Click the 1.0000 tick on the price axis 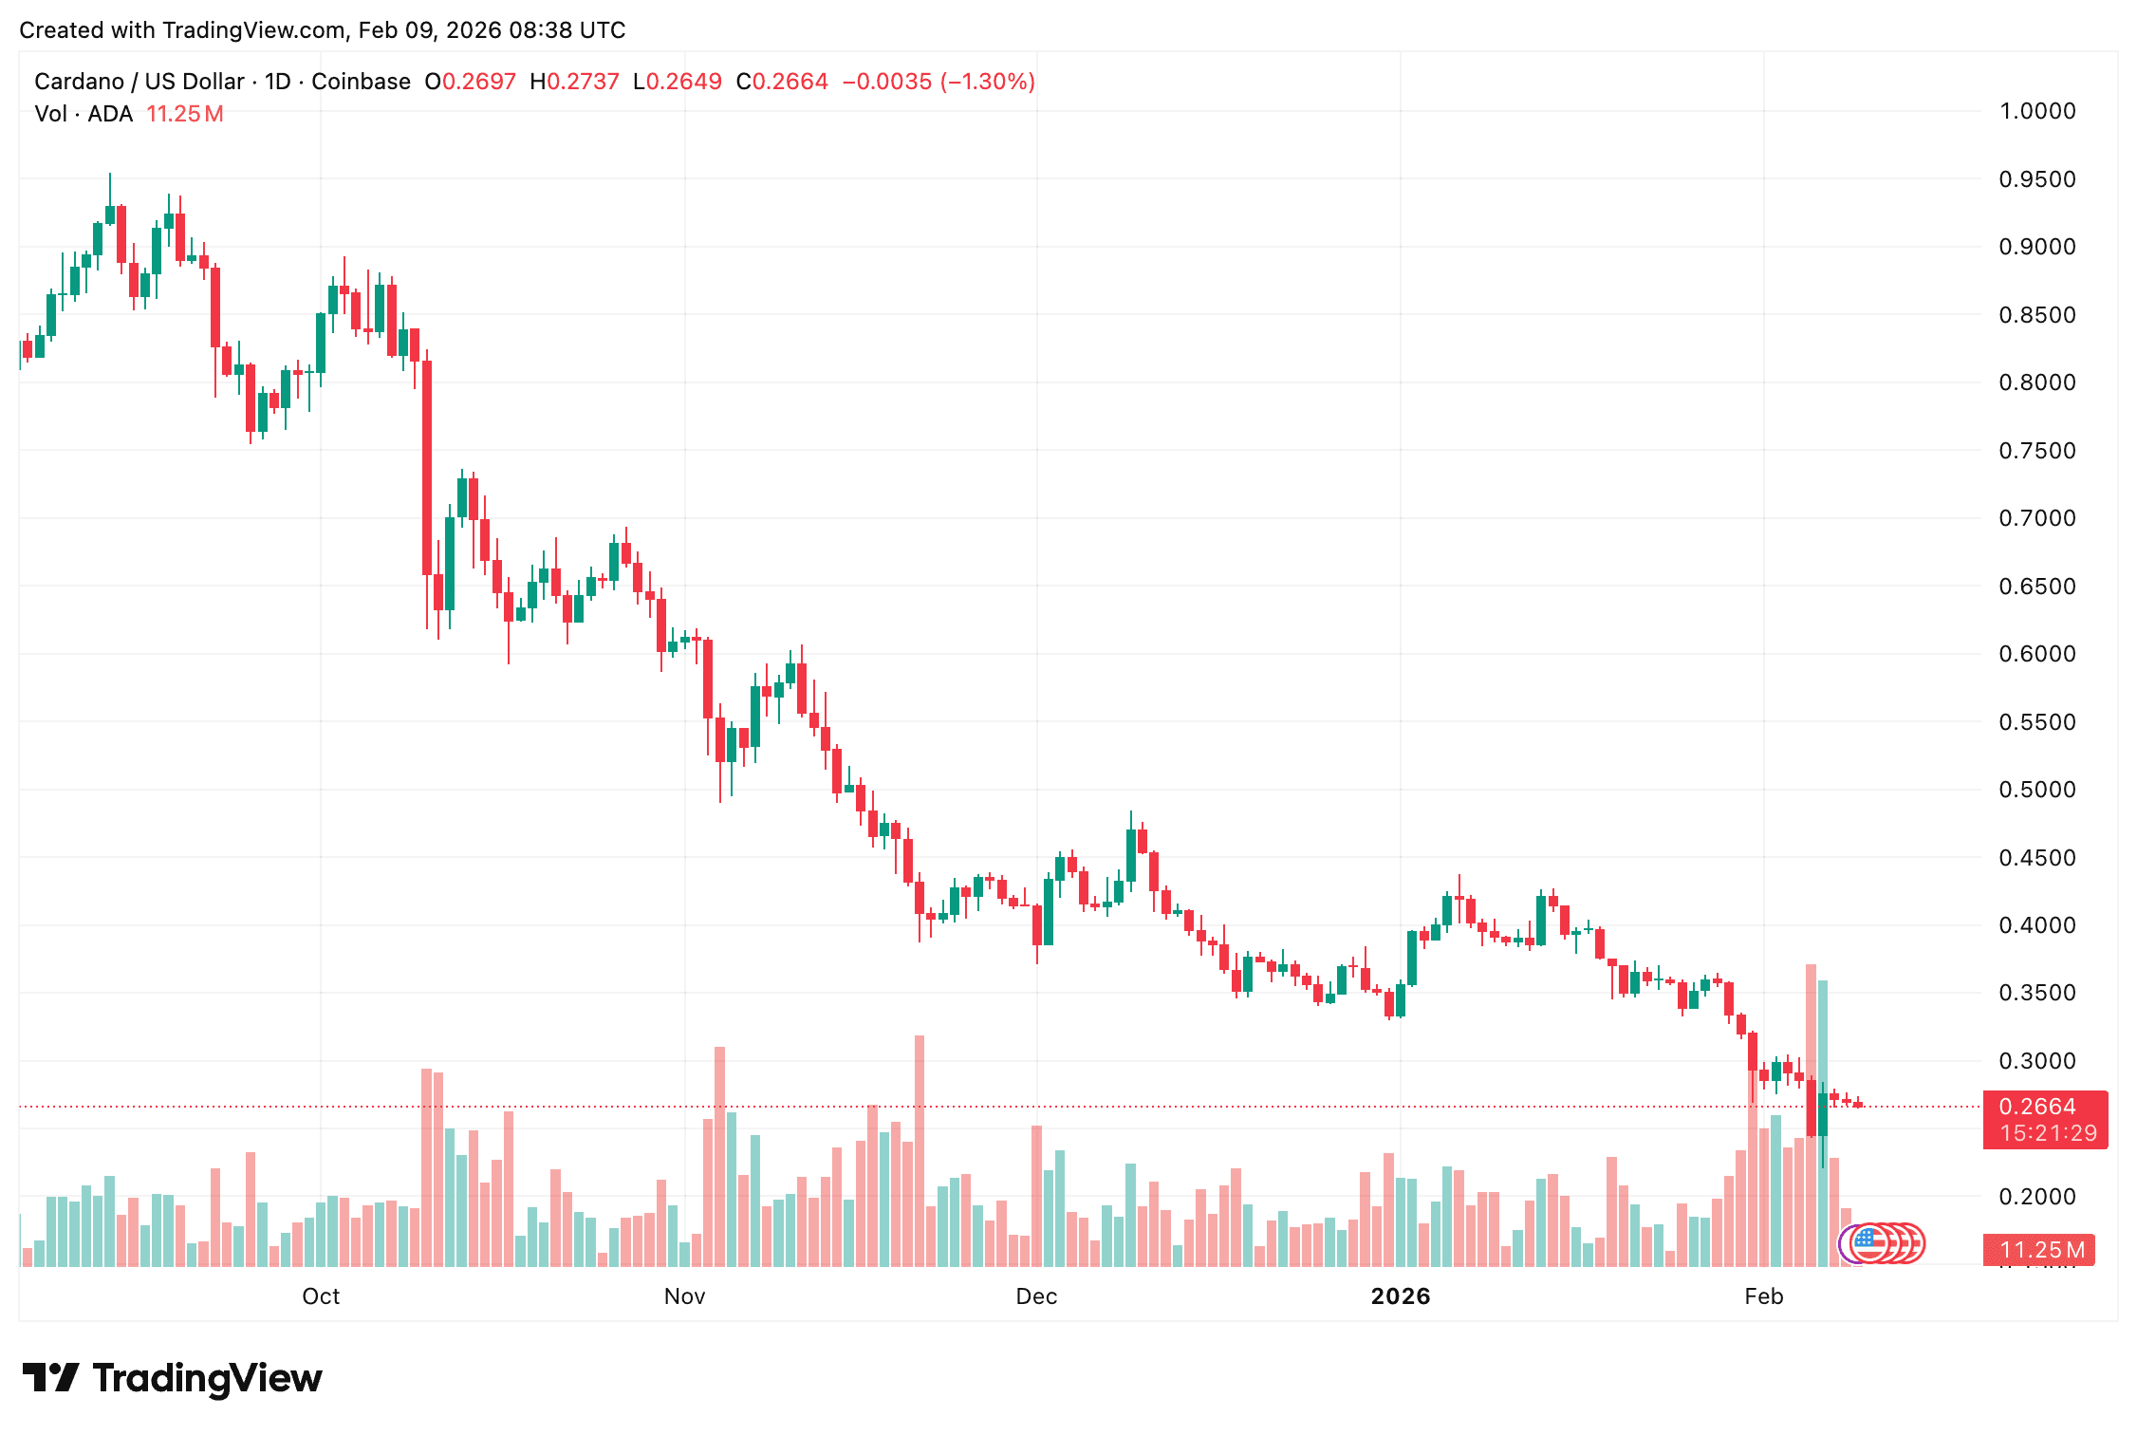(2036, 111)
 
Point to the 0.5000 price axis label (2036, 790)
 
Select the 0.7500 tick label (2036, 451)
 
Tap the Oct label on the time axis (321, 1296)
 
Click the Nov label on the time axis (684, 1296)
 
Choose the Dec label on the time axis (1036, 1296)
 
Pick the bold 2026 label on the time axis (1401, 1296)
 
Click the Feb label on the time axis (1764, 1296)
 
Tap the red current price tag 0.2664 (2037, 1107)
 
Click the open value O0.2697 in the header (470, 82)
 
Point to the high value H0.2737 (574, 82)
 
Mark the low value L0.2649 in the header (678, 82)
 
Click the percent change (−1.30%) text (988, 82)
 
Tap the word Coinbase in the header (361, 82)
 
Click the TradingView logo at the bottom (173, 1378)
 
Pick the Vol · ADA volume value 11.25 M (185, 114)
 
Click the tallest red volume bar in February (1811, 1115)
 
